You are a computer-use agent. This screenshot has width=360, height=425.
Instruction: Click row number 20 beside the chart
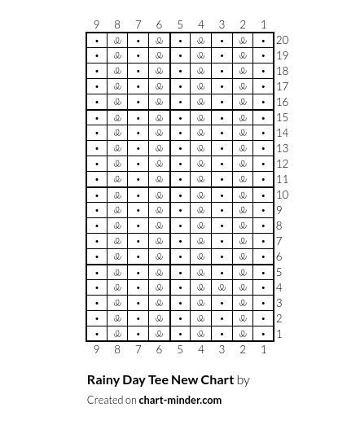[x=282, y=40]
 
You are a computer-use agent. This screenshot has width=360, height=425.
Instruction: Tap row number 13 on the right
[x=282, y=148]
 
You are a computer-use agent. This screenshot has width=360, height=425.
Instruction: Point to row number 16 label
[x=282, y=102]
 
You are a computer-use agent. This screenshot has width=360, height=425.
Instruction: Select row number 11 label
[x=282, y=179]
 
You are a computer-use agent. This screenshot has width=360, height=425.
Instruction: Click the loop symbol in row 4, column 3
[x=222, y=287]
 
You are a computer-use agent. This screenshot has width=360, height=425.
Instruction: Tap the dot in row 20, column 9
[x=97, y=40]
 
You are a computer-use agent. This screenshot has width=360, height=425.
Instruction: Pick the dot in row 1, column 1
[x=263, y=334]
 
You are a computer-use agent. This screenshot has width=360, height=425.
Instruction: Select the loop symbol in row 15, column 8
[x=117, y=117]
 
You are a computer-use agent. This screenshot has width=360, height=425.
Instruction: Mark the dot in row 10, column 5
[x=180, y=195]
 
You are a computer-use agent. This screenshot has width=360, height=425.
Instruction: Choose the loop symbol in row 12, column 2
[x=243, y=164]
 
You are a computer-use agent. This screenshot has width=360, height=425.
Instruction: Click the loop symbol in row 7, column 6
[x=159, y=241]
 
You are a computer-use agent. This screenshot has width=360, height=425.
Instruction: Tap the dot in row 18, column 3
[x=222, y=71]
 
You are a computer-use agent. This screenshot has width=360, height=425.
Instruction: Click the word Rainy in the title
[x=103, y=380]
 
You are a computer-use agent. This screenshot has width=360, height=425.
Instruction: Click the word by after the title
[x=244, y=380]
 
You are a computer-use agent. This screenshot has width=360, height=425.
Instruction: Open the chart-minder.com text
[x=180, y=400]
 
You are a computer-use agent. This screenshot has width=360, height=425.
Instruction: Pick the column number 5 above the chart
[x=180, y=24]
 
